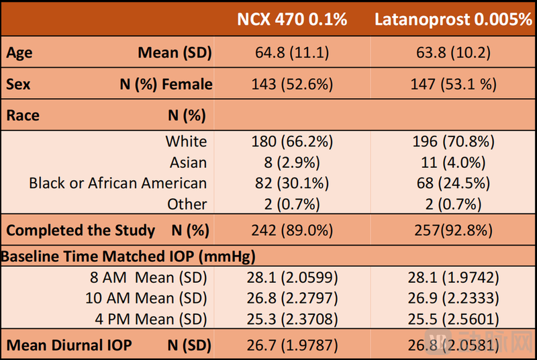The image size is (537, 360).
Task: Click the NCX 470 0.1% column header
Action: point(292,19)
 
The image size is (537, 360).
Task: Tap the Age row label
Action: point(19,53)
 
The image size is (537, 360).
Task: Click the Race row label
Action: point(23,116)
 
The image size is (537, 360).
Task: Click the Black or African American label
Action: point(117,183)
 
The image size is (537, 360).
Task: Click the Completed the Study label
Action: point(81,230)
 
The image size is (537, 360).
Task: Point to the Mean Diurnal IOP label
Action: point(69,346)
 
